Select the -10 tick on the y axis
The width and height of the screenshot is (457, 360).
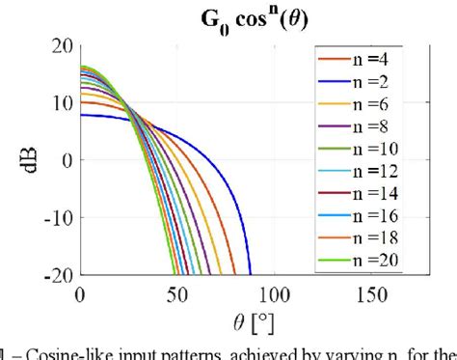coord(56,217)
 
